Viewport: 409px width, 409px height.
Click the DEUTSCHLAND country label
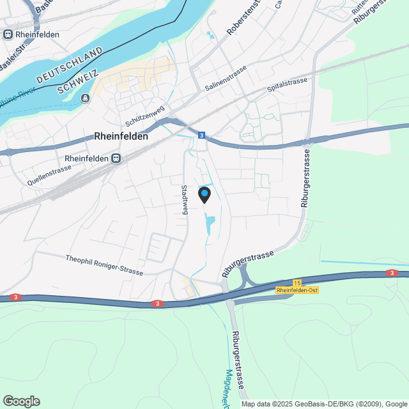point(70,65)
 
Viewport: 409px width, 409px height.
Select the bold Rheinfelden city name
point(121,136)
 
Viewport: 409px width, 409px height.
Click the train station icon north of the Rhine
point(7,35)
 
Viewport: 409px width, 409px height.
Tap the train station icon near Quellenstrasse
point(116,158)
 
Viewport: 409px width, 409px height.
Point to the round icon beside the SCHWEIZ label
point(86,98)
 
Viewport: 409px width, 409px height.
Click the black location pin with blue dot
point(204,194)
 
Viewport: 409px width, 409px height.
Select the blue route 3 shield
point(201,135)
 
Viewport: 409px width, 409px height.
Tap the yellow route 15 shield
point(297,282)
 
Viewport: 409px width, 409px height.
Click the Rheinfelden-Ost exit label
point(297,290)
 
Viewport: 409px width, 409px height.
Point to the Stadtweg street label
point(185,200)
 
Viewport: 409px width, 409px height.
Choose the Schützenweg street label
point(146,115)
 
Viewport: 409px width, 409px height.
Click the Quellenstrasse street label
point(49,174)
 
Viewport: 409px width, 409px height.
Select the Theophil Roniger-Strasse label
point(104,265)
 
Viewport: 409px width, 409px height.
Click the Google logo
point(20,401)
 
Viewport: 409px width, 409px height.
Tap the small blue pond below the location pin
point(210,224)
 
